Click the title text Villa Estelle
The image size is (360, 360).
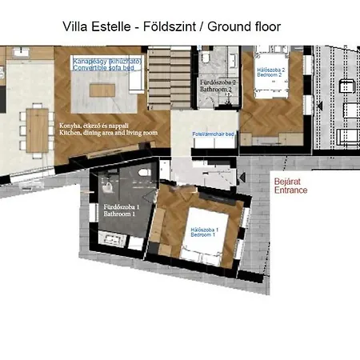click(97, 26)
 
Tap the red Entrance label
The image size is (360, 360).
click(290, 190)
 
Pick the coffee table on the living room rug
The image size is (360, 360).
click(102, 90)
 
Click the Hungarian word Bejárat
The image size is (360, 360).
click(288, 182)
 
